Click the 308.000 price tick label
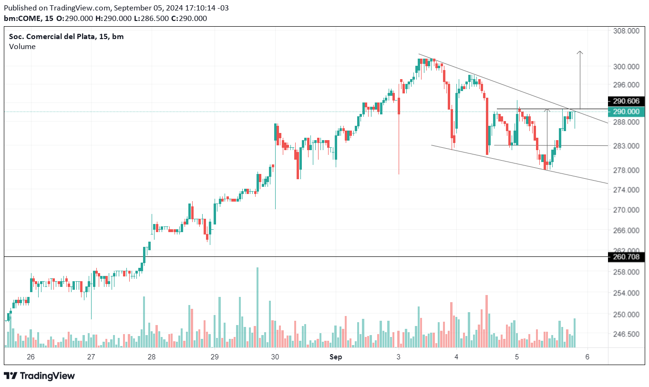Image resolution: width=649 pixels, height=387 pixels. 627,31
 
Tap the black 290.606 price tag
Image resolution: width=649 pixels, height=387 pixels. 627,101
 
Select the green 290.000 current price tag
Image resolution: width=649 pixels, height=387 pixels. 627,112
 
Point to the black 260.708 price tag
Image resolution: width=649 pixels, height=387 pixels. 627,257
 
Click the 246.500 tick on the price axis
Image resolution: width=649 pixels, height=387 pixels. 627,334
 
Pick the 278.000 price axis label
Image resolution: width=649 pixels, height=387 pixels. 627,170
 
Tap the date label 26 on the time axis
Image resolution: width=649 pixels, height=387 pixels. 31,356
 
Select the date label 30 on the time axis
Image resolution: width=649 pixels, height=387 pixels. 275,356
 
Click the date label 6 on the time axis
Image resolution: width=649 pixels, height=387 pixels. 587,356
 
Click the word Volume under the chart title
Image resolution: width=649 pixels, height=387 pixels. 22,46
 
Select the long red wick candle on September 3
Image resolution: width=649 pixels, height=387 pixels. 399,143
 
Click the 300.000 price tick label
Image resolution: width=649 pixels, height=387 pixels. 627,66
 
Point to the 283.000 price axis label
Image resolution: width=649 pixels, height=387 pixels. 627,145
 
